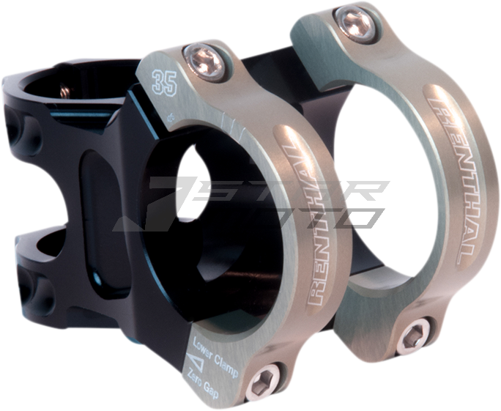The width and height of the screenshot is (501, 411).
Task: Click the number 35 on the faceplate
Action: [164, 81]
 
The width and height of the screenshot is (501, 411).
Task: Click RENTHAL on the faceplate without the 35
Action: [450, 176]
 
